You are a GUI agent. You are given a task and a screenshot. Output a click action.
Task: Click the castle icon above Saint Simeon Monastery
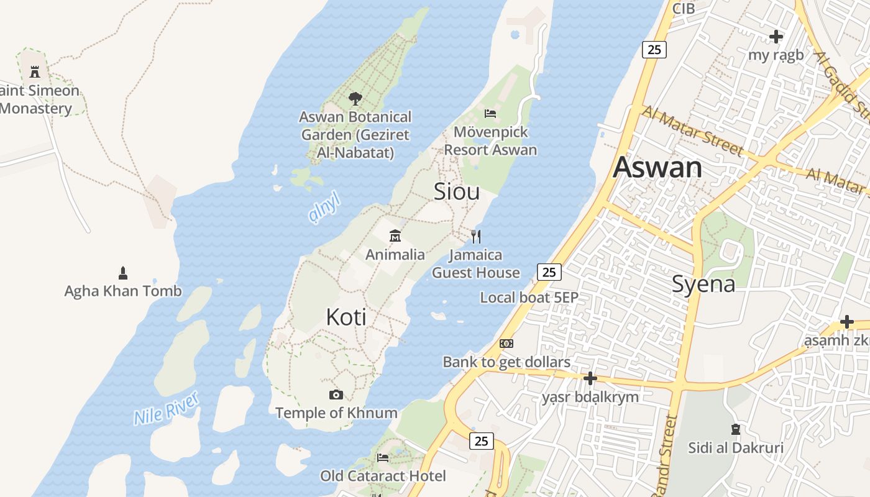[x=35, y=71]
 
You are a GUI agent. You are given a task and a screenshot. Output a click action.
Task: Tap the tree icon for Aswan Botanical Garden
[x=355, y=98]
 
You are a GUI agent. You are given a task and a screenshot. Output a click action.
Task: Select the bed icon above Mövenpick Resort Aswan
[x=490, y=113]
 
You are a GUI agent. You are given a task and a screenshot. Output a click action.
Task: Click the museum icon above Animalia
[x=395, y=236]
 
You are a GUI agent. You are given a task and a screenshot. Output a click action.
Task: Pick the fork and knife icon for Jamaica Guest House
[x=476, y=236]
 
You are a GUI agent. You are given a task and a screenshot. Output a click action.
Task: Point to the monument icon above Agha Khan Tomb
[x=123, y=273]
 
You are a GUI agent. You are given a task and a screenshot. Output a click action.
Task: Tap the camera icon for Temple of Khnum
[x=336, y=394]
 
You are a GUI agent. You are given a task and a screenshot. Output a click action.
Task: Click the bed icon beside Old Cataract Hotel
[x=383, y=458]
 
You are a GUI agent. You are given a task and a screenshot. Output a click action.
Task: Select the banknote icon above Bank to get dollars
[x=506, y=344]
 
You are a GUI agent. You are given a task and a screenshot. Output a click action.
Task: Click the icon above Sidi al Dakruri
[x=736, y=429]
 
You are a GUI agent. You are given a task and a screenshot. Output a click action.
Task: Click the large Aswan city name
[x=657, y=168]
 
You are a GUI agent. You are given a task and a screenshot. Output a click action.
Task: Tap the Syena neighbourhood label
[x=703, y=284]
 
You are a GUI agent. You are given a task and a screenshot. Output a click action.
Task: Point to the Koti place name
[x=346, y=317]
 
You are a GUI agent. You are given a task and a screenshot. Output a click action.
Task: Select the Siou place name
[x=457, y=191]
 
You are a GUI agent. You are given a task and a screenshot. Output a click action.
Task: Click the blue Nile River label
[x=167, y=408]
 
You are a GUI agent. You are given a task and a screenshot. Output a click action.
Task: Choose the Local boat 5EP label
[x=529, y=298]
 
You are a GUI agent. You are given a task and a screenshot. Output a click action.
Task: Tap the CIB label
[x=684, y=9]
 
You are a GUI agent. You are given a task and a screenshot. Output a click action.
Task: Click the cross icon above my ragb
[x=776, y=37]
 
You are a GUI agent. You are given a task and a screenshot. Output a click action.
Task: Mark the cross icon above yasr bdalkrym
[x=590, y=378]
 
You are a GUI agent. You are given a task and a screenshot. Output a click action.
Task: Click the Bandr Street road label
[x=664, y=457]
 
